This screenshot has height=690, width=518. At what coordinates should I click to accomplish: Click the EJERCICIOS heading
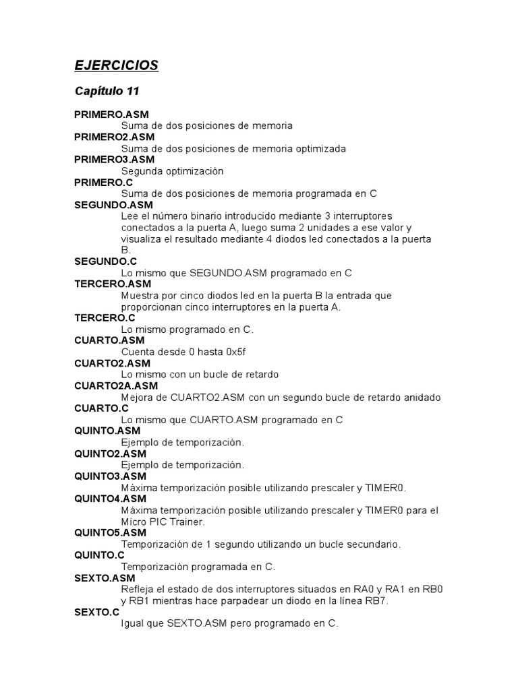(x=116, y=65)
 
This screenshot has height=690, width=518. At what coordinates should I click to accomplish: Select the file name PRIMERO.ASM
(x=111, y=115)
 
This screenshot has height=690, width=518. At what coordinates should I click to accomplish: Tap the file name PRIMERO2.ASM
(x=114, y=137)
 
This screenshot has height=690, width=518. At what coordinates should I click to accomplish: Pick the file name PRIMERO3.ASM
(x=114, y=160)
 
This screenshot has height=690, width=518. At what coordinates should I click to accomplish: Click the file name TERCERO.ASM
(x=113, y=284)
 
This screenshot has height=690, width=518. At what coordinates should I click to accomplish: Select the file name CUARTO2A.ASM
(x=116, y=386)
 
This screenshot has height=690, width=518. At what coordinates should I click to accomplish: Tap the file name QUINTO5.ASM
(x=110, y=532)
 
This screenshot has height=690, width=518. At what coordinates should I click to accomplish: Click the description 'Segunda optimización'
(x=172, y=171)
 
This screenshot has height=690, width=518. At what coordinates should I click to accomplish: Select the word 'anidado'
(x=422, y=398)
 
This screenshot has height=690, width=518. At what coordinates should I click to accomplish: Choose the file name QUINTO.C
(x=99, y=555)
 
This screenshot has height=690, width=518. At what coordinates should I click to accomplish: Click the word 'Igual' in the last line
(x=133, y=623)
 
